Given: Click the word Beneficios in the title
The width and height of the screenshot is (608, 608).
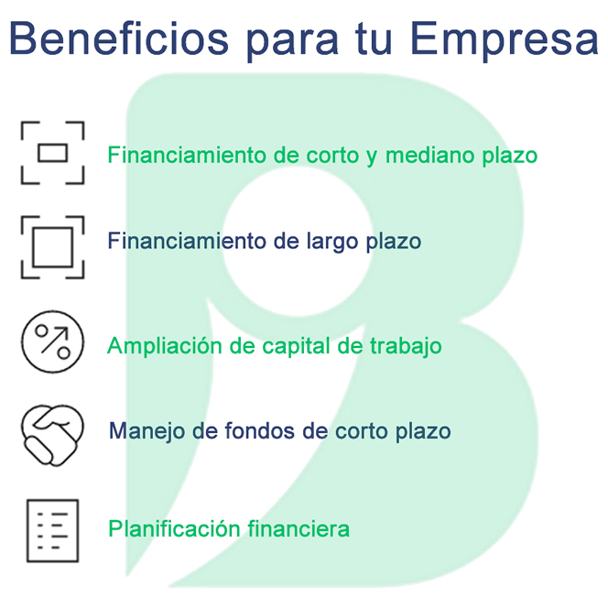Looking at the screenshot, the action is point(119,38).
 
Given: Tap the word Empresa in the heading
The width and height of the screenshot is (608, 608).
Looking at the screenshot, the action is point(505,41).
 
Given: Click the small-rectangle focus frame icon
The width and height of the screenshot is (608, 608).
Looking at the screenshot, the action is point(52,153).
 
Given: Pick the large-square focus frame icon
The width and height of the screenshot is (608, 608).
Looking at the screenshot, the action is point(52,247).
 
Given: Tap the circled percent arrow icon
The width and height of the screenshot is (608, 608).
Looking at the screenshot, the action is point(52,342).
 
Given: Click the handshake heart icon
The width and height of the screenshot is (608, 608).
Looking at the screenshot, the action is point(52,435).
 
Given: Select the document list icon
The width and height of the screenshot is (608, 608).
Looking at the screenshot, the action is point(52,530).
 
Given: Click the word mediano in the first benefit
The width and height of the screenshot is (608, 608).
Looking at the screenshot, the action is point(430,155).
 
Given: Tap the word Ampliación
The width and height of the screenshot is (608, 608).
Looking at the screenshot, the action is point(165,346).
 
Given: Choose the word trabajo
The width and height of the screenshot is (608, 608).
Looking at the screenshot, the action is point(406,346).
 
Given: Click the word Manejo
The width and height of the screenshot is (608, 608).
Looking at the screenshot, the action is point(147,431).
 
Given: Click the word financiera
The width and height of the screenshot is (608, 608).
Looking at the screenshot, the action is point(299,528).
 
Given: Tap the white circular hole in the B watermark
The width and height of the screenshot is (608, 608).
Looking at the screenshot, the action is point(298,241).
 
